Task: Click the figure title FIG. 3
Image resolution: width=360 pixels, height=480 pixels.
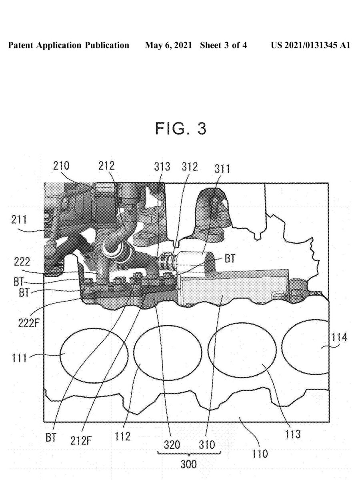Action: [181, 129]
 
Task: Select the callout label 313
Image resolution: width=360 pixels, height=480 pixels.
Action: [162, 166]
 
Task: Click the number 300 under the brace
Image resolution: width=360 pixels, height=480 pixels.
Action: [188, 464]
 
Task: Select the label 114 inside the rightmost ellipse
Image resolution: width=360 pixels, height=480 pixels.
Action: [338, 338]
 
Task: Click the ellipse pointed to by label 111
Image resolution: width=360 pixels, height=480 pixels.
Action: [94, 354]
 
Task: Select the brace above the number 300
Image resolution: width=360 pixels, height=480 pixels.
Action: [188, 454]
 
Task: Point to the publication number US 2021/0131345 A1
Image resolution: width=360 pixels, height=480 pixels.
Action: [310, 46]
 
